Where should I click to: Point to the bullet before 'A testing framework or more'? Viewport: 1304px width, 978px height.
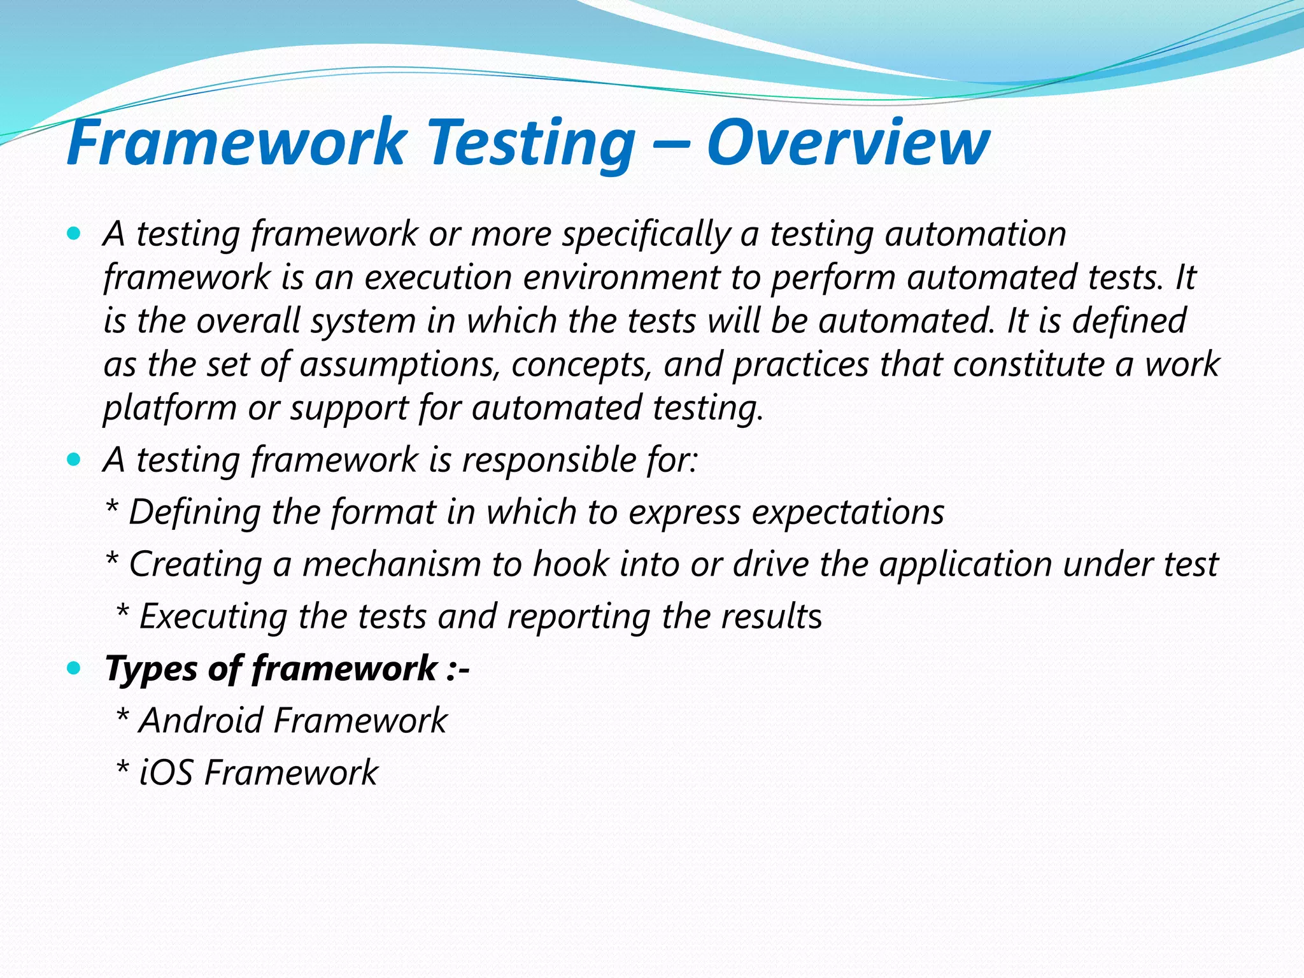point(74,234)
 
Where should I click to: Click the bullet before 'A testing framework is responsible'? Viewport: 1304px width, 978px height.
point(74,459)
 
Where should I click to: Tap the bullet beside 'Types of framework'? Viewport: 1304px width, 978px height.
point(74,668)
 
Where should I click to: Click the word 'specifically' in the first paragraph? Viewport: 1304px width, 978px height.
point(645,234)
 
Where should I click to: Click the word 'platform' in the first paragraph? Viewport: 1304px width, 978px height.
point(169,408)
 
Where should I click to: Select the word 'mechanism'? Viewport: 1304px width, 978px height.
point(390,564)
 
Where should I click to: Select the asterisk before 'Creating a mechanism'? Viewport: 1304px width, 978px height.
point(112,560)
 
